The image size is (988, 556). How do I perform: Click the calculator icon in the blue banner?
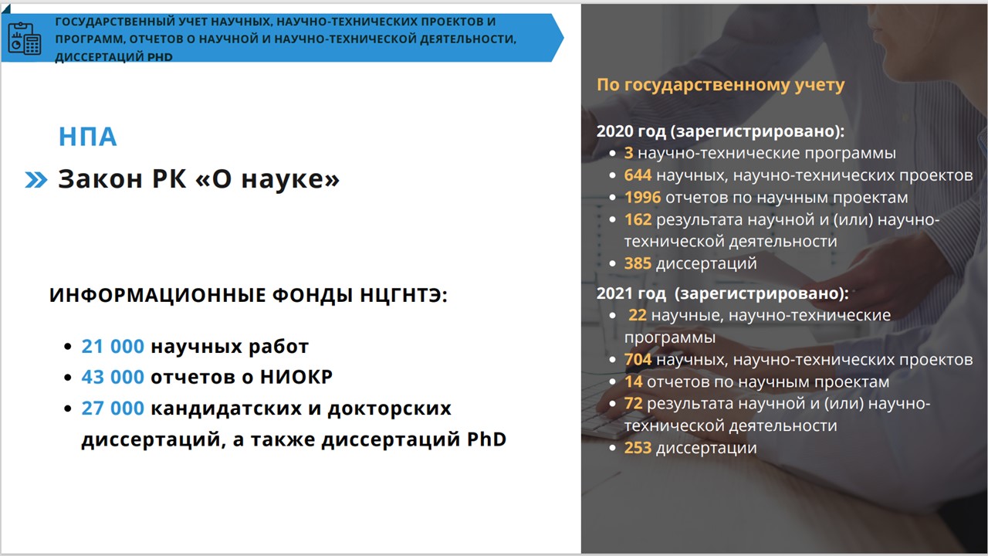25,39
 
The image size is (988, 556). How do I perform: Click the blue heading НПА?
88,137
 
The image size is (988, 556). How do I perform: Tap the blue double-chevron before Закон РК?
36,180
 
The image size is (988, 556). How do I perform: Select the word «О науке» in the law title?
267,178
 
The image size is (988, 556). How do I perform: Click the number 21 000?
113,347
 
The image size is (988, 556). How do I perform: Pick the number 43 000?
113,377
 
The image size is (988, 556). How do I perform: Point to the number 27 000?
113,409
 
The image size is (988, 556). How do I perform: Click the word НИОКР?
296,377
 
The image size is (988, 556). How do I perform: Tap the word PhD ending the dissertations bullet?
486,439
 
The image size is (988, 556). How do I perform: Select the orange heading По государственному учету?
721,85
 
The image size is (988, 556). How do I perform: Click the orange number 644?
638,175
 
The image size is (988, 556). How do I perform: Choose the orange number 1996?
643,197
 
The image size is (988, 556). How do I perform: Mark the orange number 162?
638,219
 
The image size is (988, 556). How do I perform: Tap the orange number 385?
638,263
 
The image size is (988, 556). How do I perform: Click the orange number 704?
638,360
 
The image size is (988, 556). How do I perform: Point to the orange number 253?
638,448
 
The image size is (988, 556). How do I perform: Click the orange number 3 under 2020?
628,153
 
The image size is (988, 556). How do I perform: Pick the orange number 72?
634,403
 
